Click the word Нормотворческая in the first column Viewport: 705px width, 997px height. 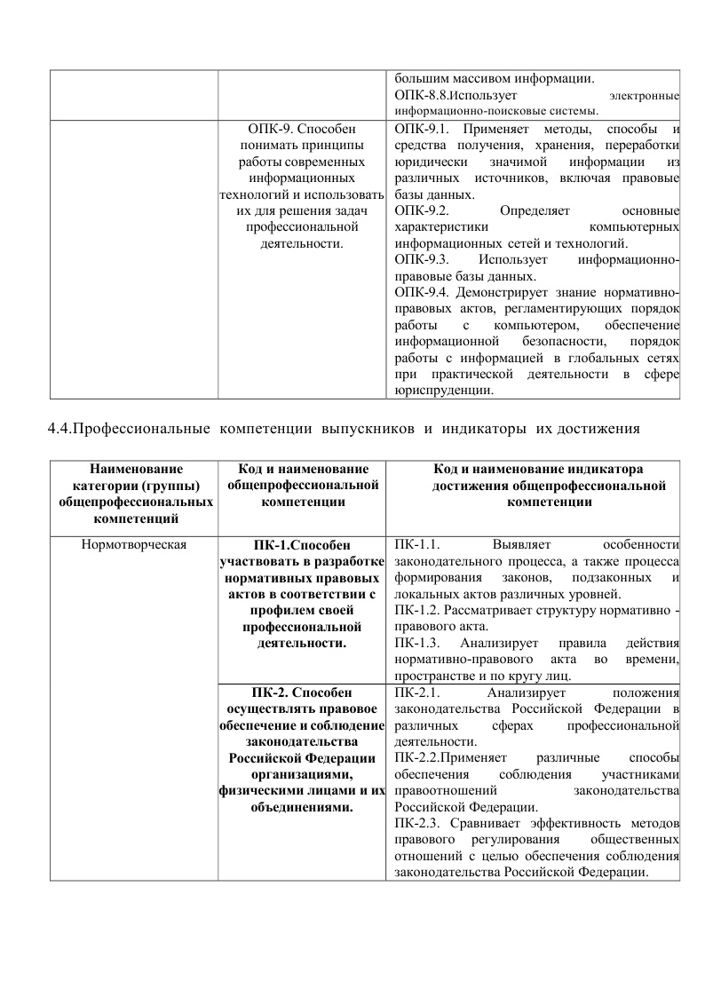(133, 544)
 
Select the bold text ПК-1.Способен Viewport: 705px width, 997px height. (303, 544)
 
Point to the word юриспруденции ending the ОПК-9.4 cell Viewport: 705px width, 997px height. (440, 390)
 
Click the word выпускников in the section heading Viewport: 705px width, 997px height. (368, 431)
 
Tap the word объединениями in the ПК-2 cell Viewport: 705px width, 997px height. (303, 808)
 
